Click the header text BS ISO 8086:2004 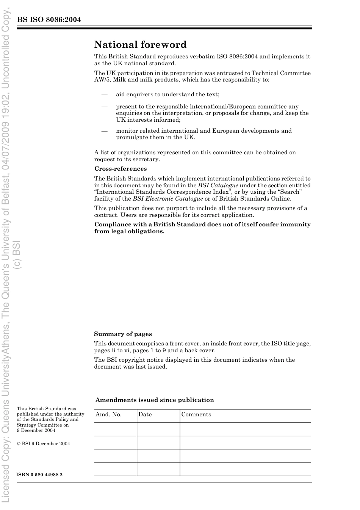point(49,20)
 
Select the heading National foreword point(140,45)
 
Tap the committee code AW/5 point(102,80)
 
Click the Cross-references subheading point(121,169)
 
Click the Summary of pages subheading point(123,334)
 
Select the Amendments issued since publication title point(155,400)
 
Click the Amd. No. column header point(109,414)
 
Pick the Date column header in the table point(145,414)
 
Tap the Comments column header point(196,414)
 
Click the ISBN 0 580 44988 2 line point(40,475)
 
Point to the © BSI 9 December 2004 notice point(44,444)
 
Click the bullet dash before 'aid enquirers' point(105,94)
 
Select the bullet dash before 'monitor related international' point(105,131)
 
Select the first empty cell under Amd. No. point(115,429)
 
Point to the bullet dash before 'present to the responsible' point(105,107)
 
